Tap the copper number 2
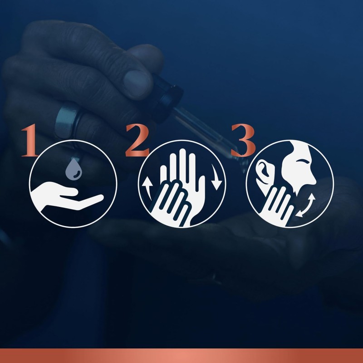[x=137, y=140]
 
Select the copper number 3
[x=243, y=140]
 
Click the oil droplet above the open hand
[x=74, y=169]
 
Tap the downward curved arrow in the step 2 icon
[x=216, y=177]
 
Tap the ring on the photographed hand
[x=67, y=123]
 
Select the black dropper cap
[x=167, y=97]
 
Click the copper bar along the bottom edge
[x=181, y=356]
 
